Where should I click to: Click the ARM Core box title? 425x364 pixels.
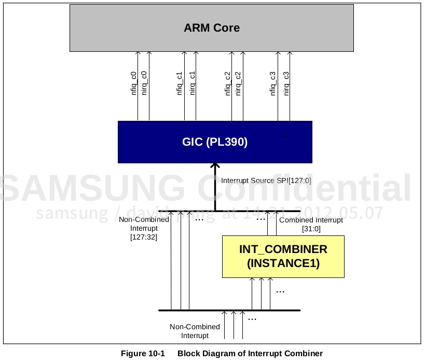pos(212,28)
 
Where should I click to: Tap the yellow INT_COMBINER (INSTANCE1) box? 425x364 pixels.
pos(283,256)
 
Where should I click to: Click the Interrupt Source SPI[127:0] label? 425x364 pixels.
pos(266,181)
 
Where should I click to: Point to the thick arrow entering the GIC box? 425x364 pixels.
pos(214,187)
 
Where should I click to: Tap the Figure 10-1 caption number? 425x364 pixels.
pos(143,354)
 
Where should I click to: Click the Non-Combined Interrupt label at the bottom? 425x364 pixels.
pos(195,331)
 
